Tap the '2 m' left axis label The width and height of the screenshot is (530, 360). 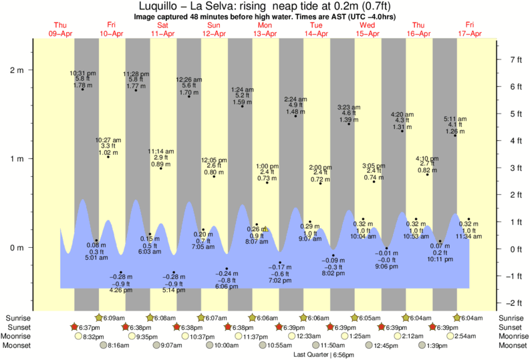tap(15, 69)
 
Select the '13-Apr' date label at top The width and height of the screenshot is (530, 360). tap(265, 33)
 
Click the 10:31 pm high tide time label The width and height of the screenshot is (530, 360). tap(83, 73)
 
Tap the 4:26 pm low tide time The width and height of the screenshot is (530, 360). tap(121, 290)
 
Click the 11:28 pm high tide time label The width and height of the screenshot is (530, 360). tap(136, 73)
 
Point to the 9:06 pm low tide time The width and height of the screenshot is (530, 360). tap(386, 266)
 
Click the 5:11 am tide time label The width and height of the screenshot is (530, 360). tap(455, 120)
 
